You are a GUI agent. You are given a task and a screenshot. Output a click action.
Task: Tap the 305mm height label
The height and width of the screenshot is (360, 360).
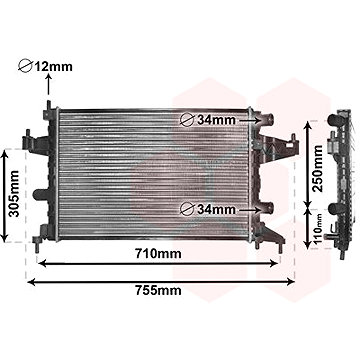pos(12,196)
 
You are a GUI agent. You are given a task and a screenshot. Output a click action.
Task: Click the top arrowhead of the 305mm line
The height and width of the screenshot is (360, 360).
pos(14,152)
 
